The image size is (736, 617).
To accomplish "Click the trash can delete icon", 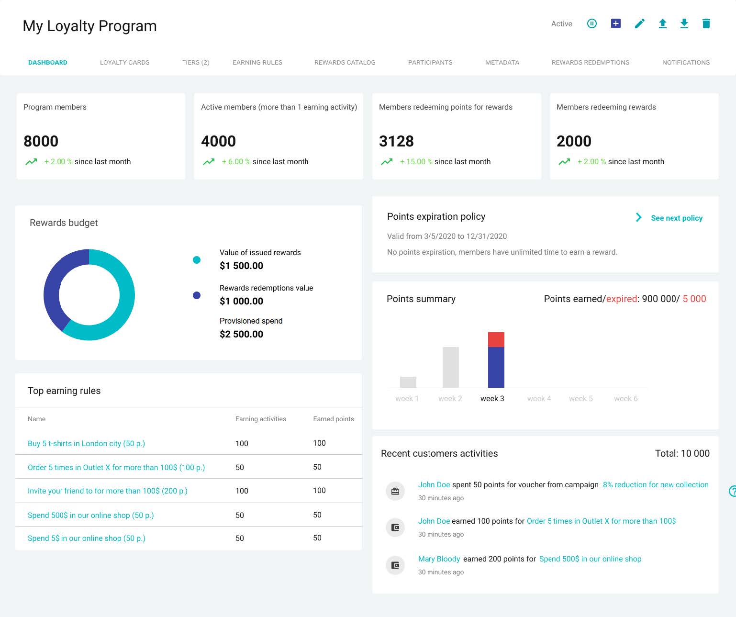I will tap(706, 23).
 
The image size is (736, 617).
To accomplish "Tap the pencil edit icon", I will tap(639, 23).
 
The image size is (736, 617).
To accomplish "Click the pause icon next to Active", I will tap(592, 23).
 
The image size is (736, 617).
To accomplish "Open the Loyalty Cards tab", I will tap(124, 62).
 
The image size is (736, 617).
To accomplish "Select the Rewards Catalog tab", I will tap(345, 62).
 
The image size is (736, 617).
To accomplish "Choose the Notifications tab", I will tap(686, 62).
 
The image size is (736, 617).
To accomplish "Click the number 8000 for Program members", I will tap(41, 141).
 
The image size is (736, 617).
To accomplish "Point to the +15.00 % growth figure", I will tap(416, 162).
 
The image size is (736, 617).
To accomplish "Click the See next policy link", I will tap(676, 218).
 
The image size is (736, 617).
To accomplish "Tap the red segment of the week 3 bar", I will tap(496, 339).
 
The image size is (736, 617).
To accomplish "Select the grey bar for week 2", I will tap(450, 367).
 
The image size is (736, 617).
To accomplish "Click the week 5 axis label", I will tap(580, 399).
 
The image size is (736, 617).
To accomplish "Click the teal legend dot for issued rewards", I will tap(197, 260).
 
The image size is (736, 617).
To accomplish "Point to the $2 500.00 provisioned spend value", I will tap(241, 334).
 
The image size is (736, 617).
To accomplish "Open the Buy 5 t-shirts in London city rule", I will tap(86, 444).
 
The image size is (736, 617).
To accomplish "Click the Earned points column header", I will tap(333, 419).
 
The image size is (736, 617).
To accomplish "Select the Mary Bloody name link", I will tap(439, 559).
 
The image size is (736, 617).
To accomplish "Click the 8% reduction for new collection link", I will tap(655, 485).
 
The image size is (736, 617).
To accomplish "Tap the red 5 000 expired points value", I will tap(694, 299).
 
